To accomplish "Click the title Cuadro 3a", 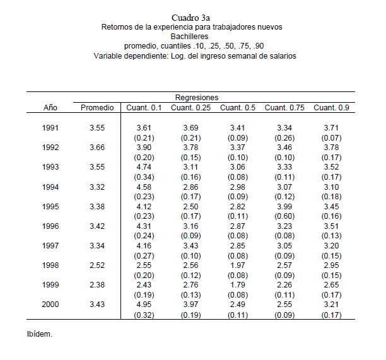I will pos(192,17).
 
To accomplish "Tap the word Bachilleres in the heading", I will pos(192,37).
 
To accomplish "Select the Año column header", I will pos(50,108).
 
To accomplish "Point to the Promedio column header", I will pos(97,108).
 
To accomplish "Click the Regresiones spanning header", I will pos(197,98).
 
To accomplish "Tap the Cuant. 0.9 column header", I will pos(331,108).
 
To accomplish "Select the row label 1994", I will pos(50,187).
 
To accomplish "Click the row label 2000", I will pos(50,305).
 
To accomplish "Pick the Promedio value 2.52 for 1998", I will pos(97,266).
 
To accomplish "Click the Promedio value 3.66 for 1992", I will pos(97,148).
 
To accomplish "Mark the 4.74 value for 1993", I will pos(145,167).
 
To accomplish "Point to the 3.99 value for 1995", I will pos(284,207).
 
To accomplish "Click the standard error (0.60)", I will pos(284,216).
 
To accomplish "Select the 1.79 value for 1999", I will pos(238,286).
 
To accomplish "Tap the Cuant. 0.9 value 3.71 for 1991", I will pos(331,128).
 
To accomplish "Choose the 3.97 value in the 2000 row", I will pos(190,305).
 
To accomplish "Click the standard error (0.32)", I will pos(145,315).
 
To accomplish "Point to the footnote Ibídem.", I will pos(39,334).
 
